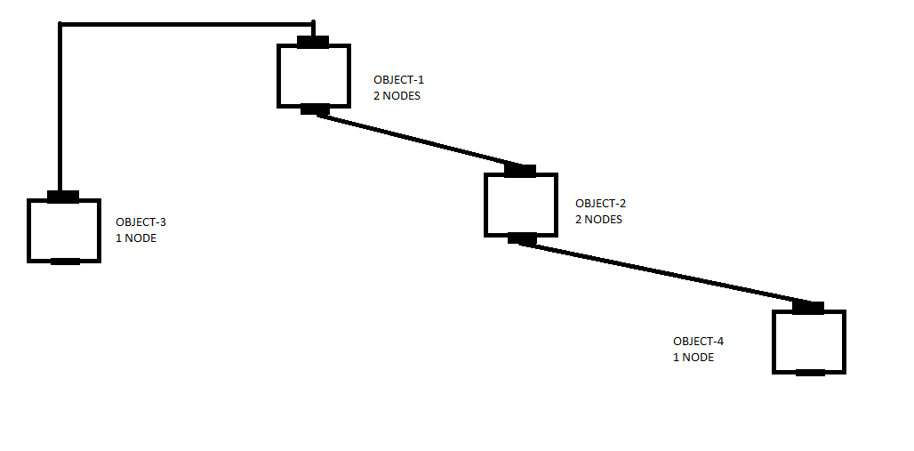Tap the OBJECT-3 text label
coord(140,221)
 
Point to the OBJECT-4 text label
coord(698,342)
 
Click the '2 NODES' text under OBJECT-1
coord(397,96)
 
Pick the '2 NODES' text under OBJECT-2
coord(598,220)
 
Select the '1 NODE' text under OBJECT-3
coord(136,238)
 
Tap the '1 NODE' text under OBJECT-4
coord(694,358)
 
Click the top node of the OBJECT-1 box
coord(313,42)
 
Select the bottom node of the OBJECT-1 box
coord(315,109)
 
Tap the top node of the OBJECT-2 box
coord(519,171)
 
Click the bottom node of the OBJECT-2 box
coord(521,238)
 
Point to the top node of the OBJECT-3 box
coord(63,197)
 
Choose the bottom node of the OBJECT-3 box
coord(65,261)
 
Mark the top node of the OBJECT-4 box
coord(807,308)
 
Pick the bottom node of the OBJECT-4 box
coord(809,372)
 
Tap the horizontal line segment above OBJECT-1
coord(187,24)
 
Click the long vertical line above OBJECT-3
coord(60,107)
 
